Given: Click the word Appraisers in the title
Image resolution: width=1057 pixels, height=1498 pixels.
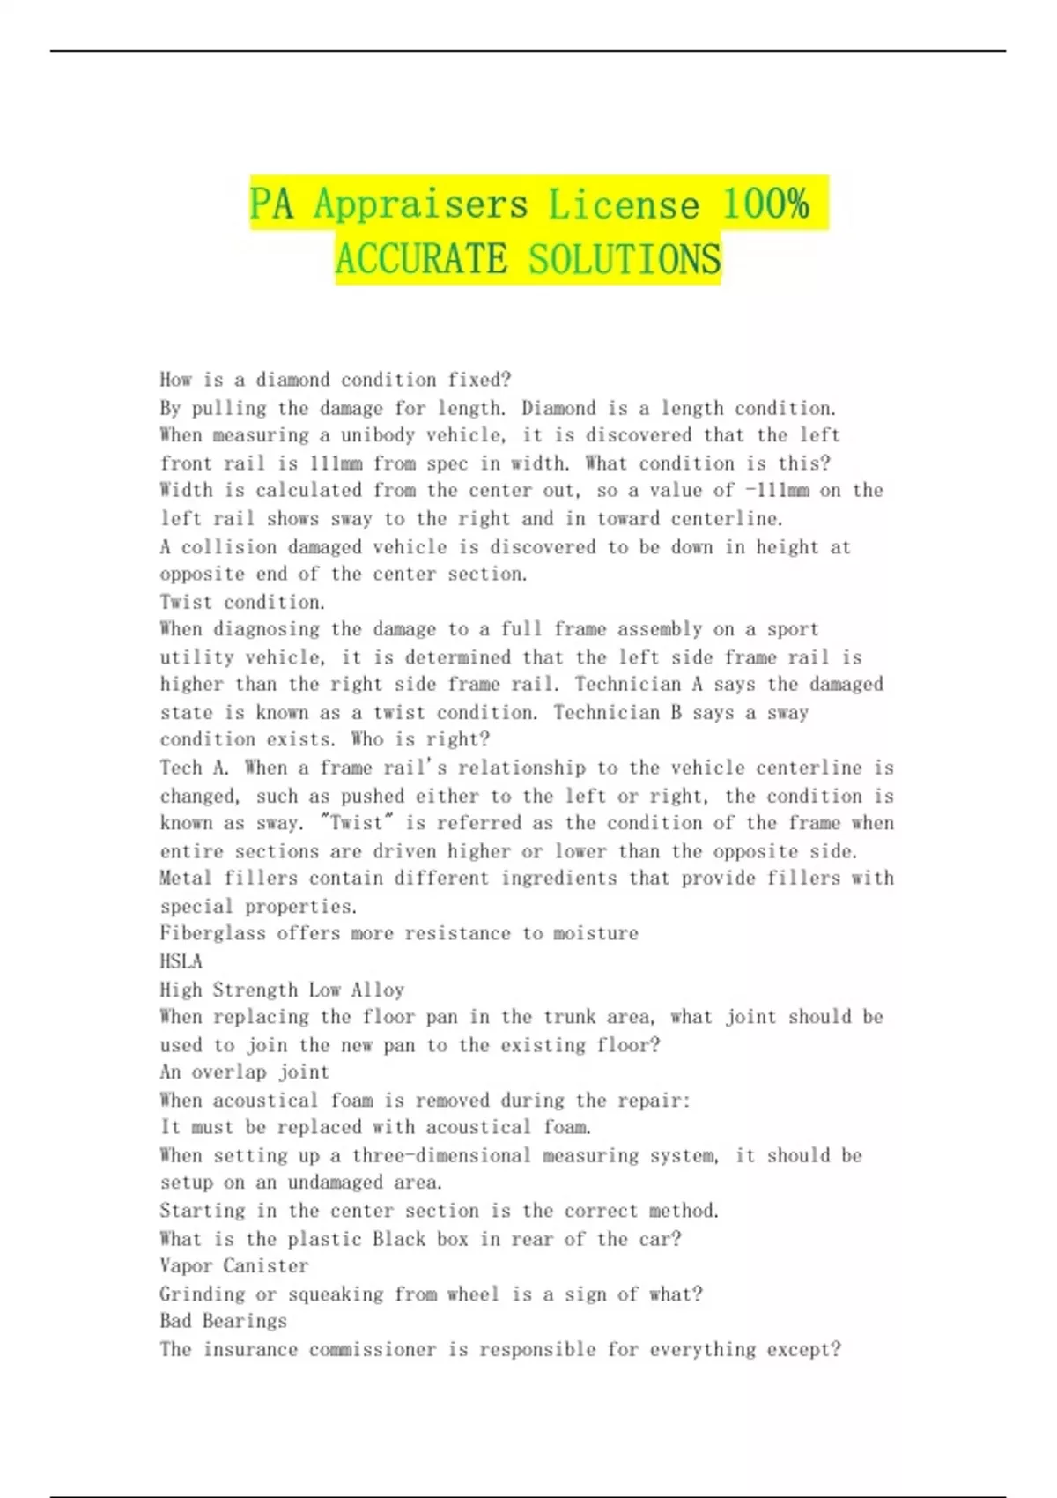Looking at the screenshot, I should (x=420, y=204).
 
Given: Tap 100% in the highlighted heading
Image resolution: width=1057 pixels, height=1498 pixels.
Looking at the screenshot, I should (x=765, y=204).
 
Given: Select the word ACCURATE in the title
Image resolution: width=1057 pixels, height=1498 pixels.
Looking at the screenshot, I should (x=421, y=259).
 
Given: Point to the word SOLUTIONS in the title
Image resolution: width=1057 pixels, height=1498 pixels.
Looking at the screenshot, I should (x=625, y=259).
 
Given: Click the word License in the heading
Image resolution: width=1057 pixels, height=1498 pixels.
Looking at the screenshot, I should (x=624, y=204).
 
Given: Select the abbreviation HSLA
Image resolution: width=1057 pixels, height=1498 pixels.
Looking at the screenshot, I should (x=181, y=961).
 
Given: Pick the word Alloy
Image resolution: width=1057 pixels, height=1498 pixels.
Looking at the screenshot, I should (x=378, y=990).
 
